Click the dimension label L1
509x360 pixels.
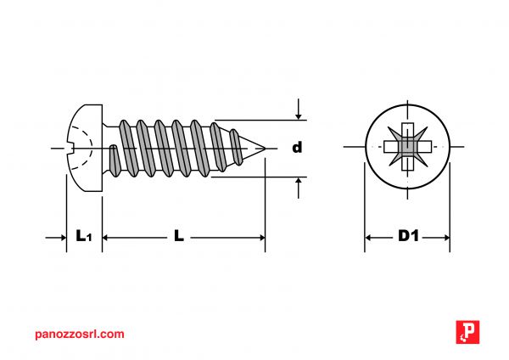(83, 237)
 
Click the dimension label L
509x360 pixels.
(179, 237)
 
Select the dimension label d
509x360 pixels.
(297, 148)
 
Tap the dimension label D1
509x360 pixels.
(408, 237)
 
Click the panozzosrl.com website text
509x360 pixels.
(81, 334)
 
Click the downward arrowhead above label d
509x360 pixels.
(299, 115)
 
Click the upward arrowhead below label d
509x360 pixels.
(299, 182)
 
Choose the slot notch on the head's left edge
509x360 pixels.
(69, 149)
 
